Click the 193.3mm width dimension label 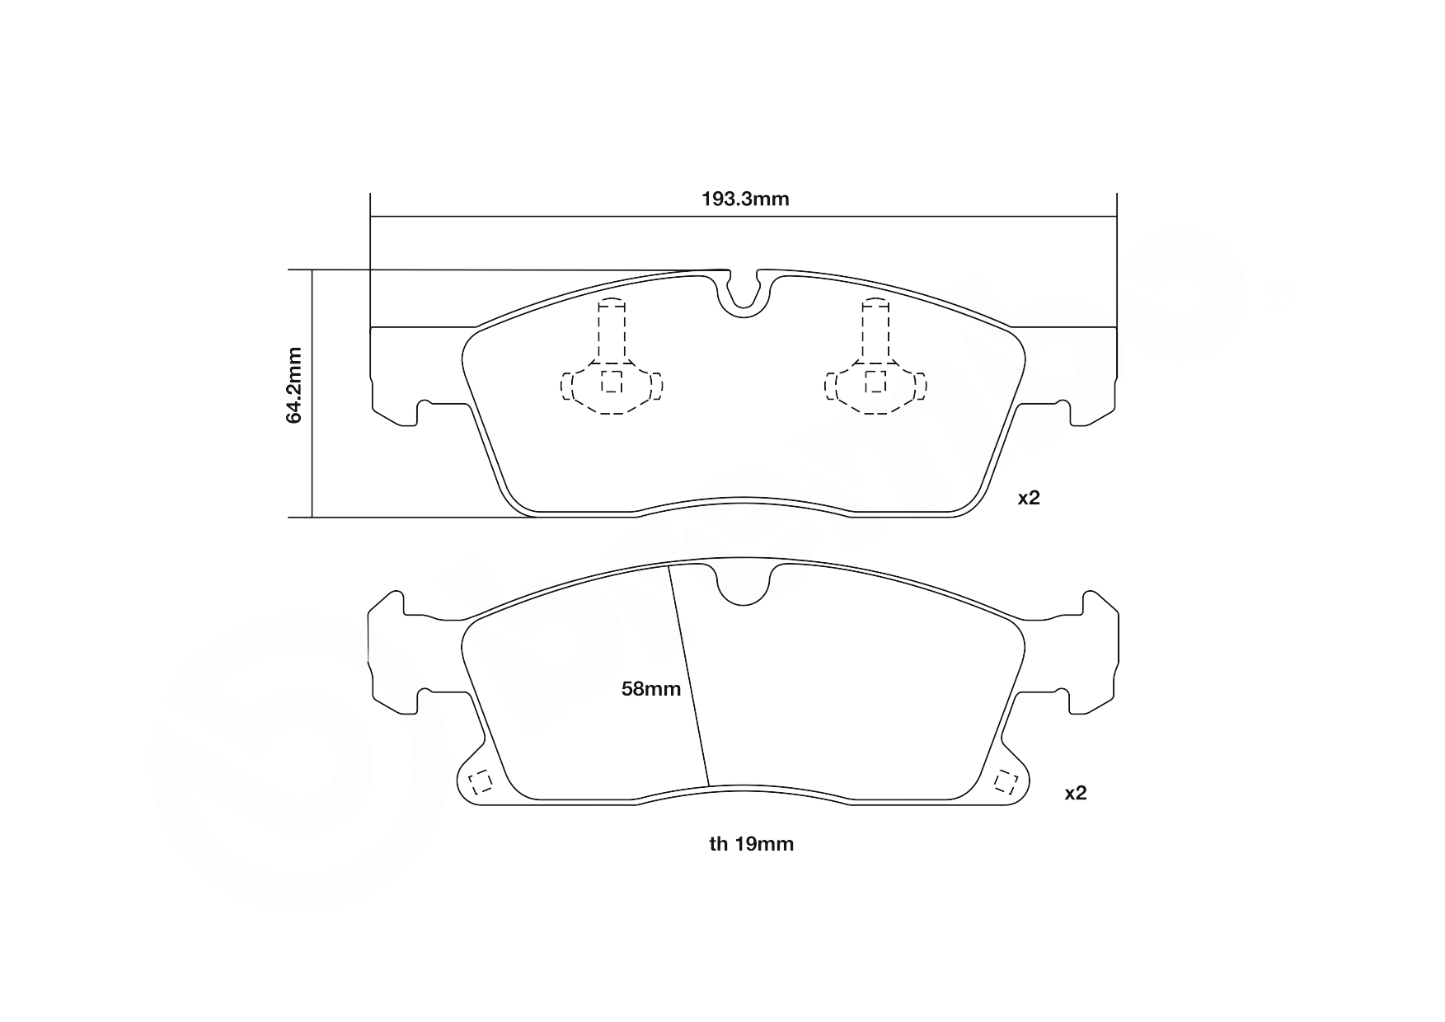(744, 199)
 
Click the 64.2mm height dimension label (294, 385)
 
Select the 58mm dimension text (650, 689)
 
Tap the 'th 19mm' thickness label (751, 844)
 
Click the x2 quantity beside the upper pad (1029, 498)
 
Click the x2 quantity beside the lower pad (1076, 793)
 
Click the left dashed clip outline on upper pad (612, 363)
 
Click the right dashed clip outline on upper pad (875, 363)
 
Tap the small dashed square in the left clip (612, 382)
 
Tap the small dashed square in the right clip (875, 382)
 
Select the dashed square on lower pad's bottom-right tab (1005, 781)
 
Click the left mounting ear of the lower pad (396, 651)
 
